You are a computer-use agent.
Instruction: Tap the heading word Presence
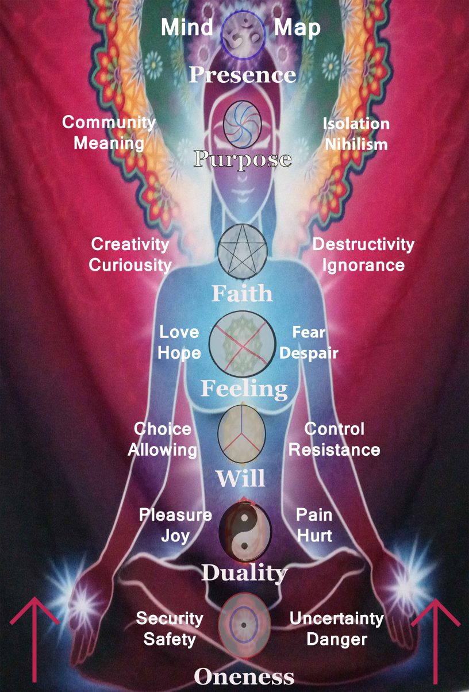243,75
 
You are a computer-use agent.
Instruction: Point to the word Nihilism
356,144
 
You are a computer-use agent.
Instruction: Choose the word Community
109,122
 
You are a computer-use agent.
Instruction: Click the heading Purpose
243,160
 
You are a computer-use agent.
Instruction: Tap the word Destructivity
363,244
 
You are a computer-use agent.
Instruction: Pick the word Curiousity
130,265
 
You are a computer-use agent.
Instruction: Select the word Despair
309,353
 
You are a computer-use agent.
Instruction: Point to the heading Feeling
244,389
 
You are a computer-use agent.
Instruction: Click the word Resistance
335,450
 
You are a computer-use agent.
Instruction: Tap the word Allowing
163,450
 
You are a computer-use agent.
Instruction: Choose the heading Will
240,478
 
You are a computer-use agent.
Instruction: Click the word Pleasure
175,515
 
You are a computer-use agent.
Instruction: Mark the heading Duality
244,572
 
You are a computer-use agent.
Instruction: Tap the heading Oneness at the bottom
244,676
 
